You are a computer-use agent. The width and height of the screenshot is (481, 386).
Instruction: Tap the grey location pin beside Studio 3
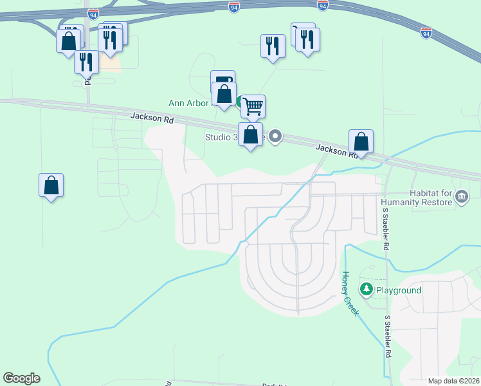(x=276, y=136)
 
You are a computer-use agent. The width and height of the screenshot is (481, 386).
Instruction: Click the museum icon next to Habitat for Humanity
(x=461, y=196)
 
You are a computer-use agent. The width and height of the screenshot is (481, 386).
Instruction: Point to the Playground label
(x=399, y=290)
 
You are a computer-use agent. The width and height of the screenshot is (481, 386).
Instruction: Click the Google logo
(x=21, y=378)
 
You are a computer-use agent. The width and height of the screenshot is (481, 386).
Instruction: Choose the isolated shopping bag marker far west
(x=51, y=186)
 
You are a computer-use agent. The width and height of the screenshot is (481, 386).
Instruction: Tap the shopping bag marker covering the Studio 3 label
(x=251, y=135)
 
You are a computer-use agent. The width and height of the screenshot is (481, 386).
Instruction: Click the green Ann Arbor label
(x=189, y=103)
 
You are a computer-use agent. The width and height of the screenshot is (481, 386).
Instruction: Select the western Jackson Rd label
(x=152, y=118)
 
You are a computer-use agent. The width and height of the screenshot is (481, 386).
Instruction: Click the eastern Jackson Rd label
(x=336, y=151)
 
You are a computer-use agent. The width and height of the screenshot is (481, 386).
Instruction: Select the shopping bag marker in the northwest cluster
(x=69, y=42)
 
